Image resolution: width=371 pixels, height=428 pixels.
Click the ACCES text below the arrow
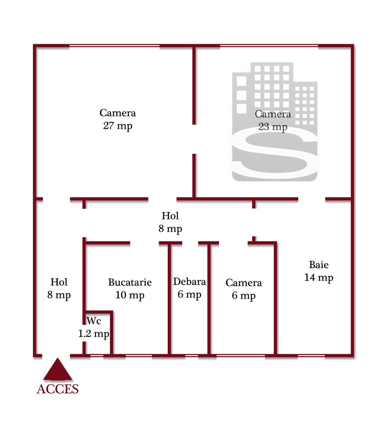click(58, 389)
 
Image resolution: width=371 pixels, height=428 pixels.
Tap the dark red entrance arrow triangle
click(58, 370)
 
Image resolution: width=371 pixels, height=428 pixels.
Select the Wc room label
click(93, 320)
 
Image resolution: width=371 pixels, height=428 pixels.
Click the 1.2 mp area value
click(93, 334)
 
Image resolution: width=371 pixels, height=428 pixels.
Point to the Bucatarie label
click(130, 283)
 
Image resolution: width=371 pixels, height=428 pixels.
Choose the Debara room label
click(189, 282)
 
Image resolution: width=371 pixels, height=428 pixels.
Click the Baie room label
click(319, 265)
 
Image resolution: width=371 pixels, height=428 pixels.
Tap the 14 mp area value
click(319, 277)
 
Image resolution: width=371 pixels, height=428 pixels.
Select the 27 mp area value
click(117, 126)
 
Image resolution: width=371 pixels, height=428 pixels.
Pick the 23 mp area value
click(273, 127)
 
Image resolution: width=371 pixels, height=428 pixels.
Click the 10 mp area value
click(130, 295)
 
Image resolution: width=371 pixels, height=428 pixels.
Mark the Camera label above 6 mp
click(244, 283)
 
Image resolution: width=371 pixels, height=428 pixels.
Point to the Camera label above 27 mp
click(117, 113)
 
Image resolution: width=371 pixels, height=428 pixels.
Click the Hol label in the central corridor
click(170, 216)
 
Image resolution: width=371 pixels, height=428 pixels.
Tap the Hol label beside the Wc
click(59, 282)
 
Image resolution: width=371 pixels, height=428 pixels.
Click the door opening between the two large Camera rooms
click(194, 139)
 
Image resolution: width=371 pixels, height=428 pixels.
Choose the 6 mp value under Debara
click(189, 294)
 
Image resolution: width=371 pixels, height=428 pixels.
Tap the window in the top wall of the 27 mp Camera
click(115, 46)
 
